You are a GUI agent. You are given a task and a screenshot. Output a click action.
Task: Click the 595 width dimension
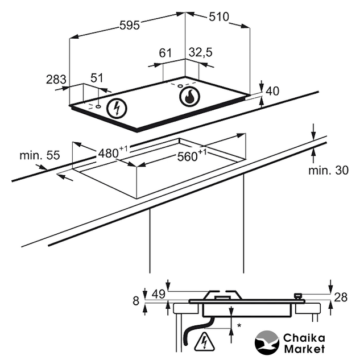[x=130, y=25]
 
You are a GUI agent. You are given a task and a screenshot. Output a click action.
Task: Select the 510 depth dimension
[x=219, y=16]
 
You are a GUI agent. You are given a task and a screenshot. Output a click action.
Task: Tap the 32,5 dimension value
[x=201, y=52]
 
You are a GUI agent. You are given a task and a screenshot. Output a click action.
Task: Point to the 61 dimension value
[x=165, y=53]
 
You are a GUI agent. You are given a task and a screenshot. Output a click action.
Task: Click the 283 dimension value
[x=56, y=80]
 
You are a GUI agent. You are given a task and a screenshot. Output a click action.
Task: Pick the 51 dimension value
[x=97, y=78]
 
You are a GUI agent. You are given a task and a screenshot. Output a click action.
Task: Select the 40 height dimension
[x=272, y=91]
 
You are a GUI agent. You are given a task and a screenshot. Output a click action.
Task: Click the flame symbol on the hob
[x=189, y=97]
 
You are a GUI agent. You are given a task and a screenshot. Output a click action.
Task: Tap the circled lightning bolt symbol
[x=117, y=109]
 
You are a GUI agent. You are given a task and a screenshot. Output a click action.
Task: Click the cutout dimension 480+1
[x=113, y=152]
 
